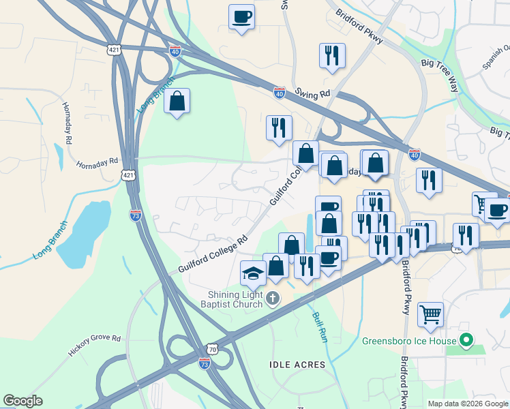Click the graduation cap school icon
coord(253,273)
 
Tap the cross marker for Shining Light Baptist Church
coord(273,297)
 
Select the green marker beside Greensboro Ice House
coord(466,339)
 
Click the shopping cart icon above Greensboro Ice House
coord(430,314)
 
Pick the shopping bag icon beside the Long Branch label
coord(177,102)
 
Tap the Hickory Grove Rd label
coord(94,346)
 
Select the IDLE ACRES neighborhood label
coord(298,365)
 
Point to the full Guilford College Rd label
coord(213,256)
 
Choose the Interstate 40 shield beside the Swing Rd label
coord(280,93)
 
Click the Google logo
coord(22,401)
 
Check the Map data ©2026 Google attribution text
coord(468,404)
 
